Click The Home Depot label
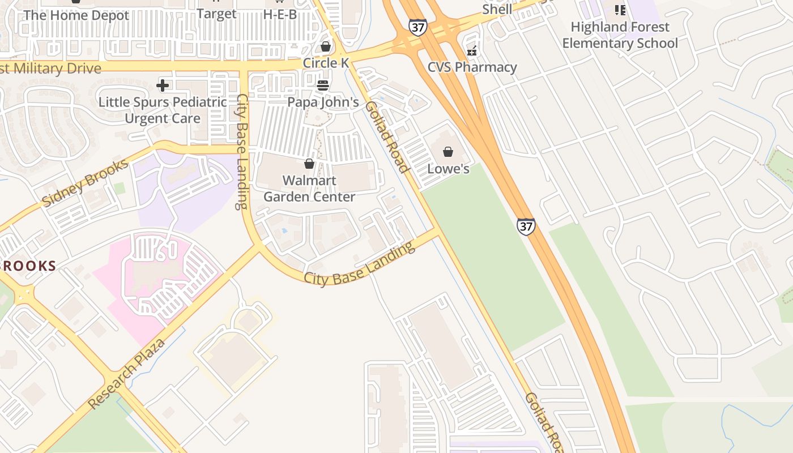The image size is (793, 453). (76, 15)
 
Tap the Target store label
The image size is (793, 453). (216, 14)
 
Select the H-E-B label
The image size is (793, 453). (280, 14)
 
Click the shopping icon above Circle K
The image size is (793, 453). (326, 46)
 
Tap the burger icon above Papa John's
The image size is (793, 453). (323, 86)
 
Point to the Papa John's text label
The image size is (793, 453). (323, 102)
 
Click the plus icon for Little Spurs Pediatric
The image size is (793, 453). (163, 86)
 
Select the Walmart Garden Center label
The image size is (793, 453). (309, 189)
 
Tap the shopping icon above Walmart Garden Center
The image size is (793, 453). (309, 164)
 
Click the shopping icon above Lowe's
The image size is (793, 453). (448, 152)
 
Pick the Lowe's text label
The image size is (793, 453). (448, 169)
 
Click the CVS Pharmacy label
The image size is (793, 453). (472, 67)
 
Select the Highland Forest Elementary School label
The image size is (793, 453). (620, 35)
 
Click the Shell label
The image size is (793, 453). (497, 9)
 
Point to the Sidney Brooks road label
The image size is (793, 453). (85, 183)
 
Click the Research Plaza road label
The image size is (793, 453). (127, 374)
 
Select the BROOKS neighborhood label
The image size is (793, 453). (28, 266)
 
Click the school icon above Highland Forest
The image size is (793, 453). (620, 10)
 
